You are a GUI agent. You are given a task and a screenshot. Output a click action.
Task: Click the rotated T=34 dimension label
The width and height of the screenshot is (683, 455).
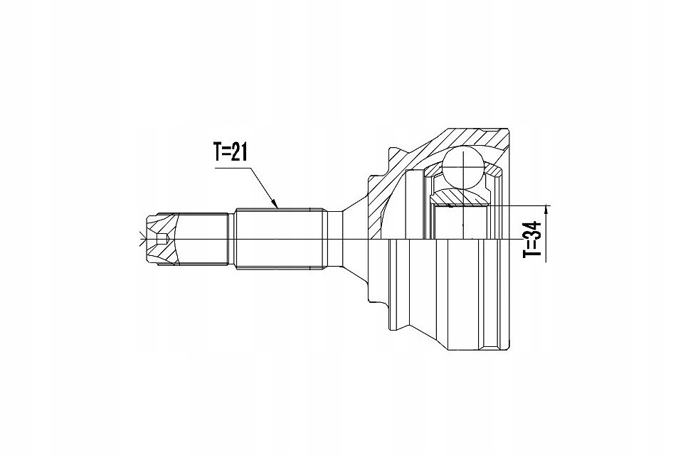coord(532,239)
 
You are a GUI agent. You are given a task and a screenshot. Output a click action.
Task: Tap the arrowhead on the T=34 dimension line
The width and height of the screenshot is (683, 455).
coord(547,208)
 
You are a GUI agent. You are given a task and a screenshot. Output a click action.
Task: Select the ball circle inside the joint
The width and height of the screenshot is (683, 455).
coord(462,168)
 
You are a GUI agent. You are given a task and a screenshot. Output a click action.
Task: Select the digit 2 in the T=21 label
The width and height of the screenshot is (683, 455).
coord(235,153)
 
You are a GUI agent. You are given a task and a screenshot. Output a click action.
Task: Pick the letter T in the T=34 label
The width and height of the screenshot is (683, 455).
coord(532,253)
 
